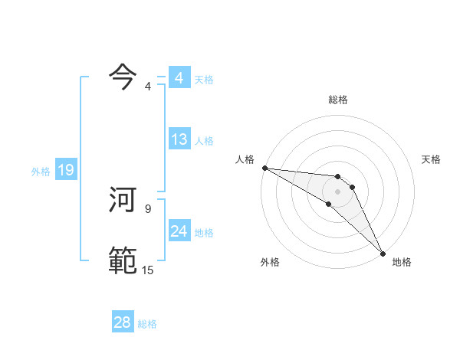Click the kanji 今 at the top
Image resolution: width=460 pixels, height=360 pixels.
pyautogui.click(x=123, y=75)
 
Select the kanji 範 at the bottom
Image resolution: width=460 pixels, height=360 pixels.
pyautogui.click(x=123, y=260)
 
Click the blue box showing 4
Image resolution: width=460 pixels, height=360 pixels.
pyautogui.click(x=179, y=78)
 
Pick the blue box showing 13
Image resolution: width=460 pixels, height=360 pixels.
pyautogui.click(x=179, y=139)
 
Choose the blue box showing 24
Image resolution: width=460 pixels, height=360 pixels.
pyautogui.click(x=179, y=231)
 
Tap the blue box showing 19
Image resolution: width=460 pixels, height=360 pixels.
pyautogui.click(x=65, y=170)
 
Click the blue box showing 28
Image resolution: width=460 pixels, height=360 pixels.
pyautogui.click(x=122, y=322)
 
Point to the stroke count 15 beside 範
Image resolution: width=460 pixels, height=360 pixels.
pyautogui.click(x=147, y=270)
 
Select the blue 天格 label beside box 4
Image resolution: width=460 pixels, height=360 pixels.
pyautogui.click(x=204, y=80)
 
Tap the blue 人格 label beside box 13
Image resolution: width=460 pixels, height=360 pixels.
pyautogui.click(x=204, y=141)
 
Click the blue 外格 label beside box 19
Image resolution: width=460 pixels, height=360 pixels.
pyautogui.click(x=41, y=172)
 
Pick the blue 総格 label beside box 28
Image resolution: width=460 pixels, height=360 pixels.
pyautogui.click(x=147, y=324)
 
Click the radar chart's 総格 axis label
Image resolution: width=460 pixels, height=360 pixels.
pyautogui.click(x=337, y=100)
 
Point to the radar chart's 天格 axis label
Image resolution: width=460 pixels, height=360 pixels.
pyautogui.click(x=431, y=159)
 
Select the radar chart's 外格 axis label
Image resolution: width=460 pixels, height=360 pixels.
pyautogui.click(x=270, y=262)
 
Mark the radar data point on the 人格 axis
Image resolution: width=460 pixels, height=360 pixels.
pyautogui.click(x=264, y=167)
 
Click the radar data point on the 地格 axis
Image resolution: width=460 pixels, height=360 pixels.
pyautogui.click(x=383, y=253)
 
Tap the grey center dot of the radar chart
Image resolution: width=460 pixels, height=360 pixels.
pyautogui.click(x=337, y=191)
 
